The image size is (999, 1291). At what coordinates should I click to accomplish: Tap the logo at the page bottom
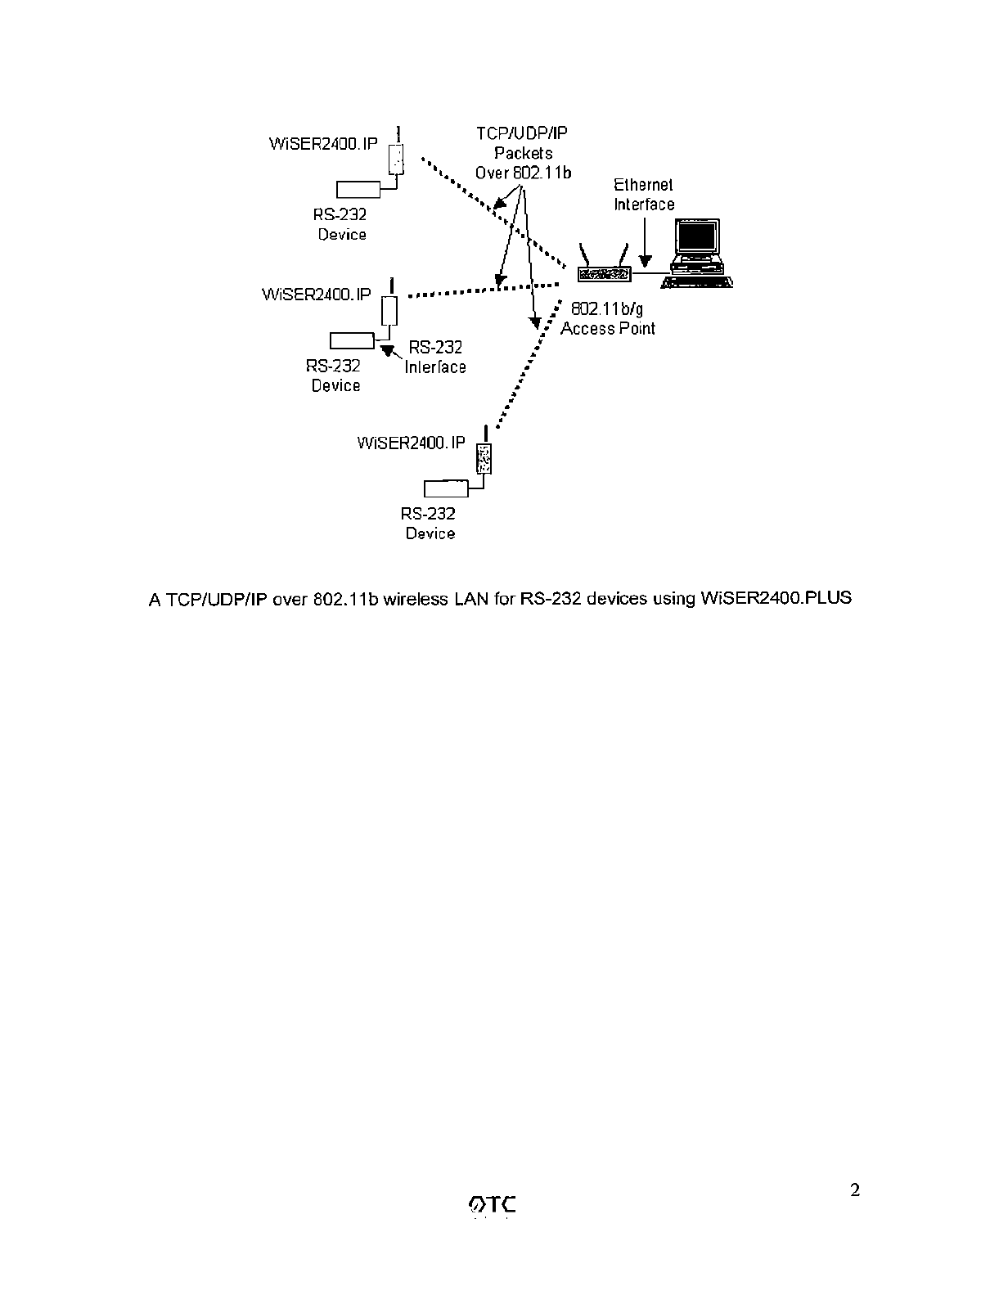[494, 1204]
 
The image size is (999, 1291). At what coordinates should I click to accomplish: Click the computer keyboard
[696, 281]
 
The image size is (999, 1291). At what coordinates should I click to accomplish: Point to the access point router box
[604, 275]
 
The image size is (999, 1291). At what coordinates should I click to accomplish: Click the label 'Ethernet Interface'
[644, 195]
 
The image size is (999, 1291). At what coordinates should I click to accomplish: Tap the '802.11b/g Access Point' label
[607, 319]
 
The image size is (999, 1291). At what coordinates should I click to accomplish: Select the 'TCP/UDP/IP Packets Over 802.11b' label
[523, 153]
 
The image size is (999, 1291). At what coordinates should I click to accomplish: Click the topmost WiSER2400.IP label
[323, 144]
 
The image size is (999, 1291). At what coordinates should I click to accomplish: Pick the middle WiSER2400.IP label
[316, 295]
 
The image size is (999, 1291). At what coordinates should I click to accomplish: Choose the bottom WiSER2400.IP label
[412, 443]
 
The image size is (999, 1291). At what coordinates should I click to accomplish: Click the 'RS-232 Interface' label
[435, 358]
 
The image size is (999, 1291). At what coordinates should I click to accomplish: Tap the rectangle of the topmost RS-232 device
[358, 189]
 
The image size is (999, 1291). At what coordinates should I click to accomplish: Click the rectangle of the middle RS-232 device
[352, 340]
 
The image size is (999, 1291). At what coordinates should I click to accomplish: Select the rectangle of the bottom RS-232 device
[446, 488]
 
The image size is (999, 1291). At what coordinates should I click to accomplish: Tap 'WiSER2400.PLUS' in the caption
[776, 598]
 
